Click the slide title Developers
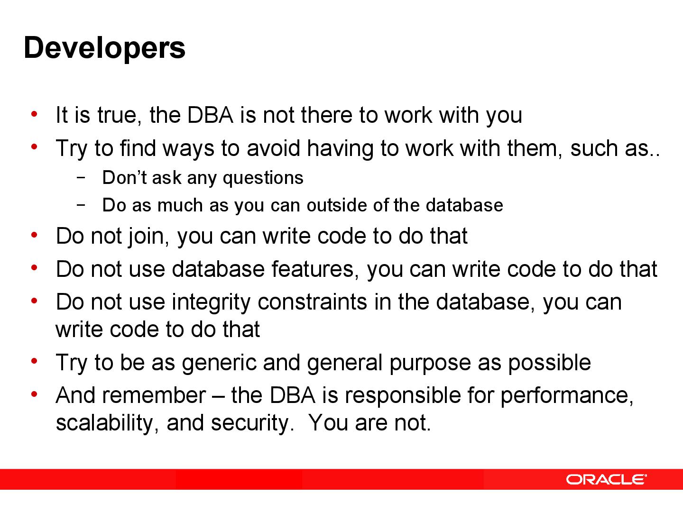click(x=104, y=48)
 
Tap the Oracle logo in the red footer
click(x=606, y=479)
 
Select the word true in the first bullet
click(x=118, y=115)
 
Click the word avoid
click(x=274, y=148)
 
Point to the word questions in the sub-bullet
click(x=263, y=178)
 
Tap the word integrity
click(x=211, y=302)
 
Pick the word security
click(x=249, y=423)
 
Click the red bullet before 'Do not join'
click(x=34, y=235)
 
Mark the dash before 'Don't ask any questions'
click(x=81, y=177)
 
